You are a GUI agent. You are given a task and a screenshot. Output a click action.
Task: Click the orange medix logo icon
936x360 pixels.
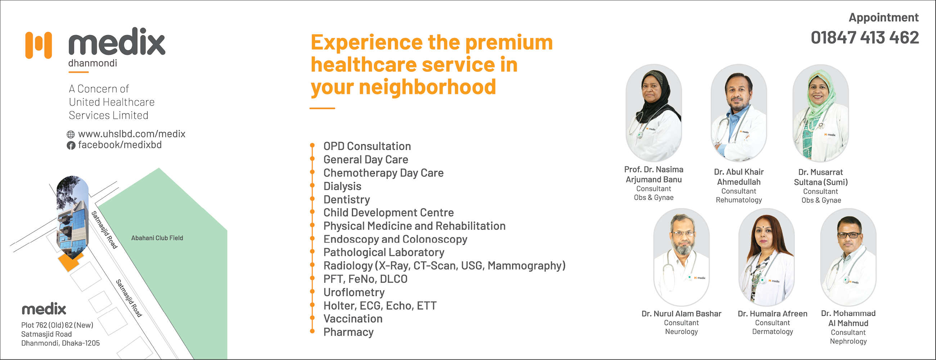pyautogui.click(x=39, y=45)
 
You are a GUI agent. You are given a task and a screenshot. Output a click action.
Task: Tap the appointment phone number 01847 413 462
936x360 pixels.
pyautogui.click(x=865, y=38)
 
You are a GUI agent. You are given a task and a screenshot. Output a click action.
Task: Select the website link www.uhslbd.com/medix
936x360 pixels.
pyautogui.click(x=131, y=134)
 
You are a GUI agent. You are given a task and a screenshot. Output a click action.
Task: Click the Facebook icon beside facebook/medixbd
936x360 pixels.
pyautogui.click(x=71, y=146)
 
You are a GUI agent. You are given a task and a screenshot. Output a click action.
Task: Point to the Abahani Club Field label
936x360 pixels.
pyautogui.click(x=157, y=238)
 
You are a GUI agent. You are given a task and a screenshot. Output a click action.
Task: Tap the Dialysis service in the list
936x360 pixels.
pyautogui.click(x=342, y=186)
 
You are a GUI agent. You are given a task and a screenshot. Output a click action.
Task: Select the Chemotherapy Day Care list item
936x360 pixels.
pyautogui.click(x=383, y=173)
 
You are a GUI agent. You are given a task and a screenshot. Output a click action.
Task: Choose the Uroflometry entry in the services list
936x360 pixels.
pyautogui.click(x=354, y=292)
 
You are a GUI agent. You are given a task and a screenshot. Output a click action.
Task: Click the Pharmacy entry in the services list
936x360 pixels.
pyautogui.click(x=348, y=332)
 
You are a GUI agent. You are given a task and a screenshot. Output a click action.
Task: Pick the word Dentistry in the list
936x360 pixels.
pyautogui.click(x=347, y=200)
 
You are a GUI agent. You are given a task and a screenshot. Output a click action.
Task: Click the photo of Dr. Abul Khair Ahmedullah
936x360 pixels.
pyautogui.click(x=739, y=113)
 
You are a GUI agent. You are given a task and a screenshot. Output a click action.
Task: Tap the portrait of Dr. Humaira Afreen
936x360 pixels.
pyautogui.click(x=766, y=257)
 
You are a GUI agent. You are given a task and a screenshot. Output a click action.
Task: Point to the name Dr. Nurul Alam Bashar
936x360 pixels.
pyautogui.click(x=681, y=314)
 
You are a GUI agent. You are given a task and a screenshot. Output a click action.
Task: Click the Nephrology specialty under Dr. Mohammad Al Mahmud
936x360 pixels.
pyautogui.click(x=848, y=342)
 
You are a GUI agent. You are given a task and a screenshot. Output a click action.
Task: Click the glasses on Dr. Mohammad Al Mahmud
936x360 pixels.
pyautogui.click(x=849, y=235)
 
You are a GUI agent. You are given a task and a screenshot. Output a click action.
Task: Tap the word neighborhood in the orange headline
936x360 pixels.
pyautogui.click(x=427, y=87)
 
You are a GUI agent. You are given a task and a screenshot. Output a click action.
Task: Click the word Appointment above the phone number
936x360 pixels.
pyautogui.click(x=884, y=17)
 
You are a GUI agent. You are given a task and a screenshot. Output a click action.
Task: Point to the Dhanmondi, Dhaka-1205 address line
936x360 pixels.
pyautogui.click(x=60, y=343)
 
